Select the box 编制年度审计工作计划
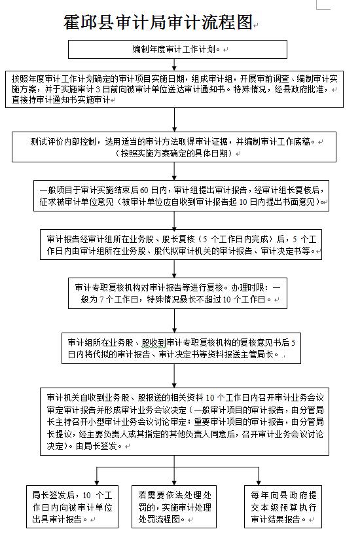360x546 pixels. [178, 49]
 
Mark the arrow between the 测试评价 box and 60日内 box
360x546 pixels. [175, 170]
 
